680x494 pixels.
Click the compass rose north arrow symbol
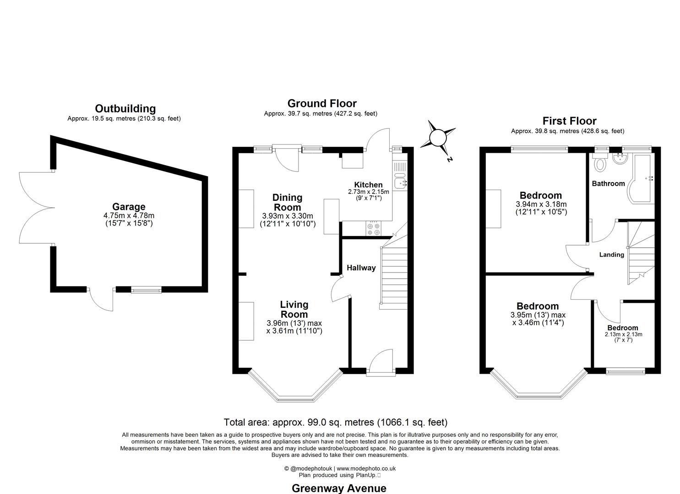438,137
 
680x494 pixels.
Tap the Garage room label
129,207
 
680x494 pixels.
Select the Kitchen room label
368,185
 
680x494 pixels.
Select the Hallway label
361,268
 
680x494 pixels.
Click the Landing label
611,255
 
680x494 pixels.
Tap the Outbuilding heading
125,108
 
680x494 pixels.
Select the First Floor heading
569,121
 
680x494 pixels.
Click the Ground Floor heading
321,103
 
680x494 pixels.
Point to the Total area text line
335,422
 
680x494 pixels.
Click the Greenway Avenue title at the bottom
339,488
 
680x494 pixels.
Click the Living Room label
294,309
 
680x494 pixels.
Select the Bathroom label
608,183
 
